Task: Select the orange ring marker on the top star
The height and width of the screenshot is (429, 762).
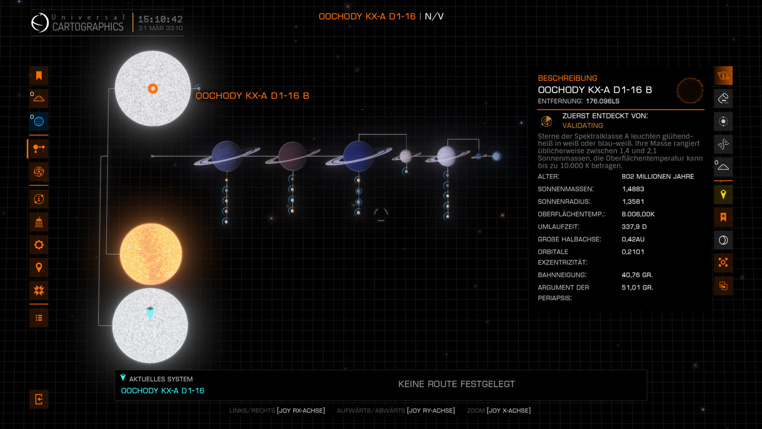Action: coord(152,89)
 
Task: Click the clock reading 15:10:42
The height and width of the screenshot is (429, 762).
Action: coord(160,19)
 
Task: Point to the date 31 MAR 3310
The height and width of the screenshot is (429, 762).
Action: coord(160,28)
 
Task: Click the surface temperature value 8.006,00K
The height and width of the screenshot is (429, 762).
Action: coord(638,214)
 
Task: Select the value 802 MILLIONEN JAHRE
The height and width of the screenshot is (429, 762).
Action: coord(657,176)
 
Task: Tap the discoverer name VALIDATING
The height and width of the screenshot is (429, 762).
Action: coord(583,126)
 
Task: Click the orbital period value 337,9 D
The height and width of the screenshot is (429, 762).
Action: coord(635,226)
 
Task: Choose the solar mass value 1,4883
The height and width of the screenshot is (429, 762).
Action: coord(633,189)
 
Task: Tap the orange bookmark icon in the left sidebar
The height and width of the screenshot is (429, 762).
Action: coord(39,76)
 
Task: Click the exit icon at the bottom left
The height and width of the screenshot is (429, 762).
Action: coord(39,399)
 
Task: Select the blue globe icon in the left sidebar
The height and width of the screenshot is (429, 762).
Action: coord(39,122)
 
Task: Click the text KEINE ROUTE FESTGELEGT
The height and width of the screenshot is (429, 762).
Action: coord(456,384)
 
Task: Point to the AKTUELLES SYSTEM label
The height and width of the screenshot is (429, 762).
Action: coord(161,379)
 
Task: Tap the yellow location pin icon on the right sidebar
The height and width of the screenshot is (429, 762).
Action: coord(723,194)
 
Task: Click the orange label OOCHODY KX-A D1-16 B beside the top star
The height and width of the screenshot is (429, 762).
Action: coord(252,95)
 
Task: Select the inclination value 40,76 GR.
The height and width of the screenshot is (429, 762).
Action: coord(637,275)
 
